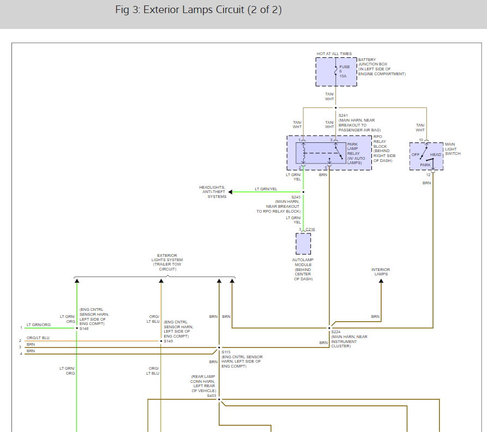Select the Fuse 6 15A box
click(336, 71)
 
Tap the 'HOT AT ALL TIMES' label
click(334, 54)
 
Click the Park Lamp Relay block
click(329, 153)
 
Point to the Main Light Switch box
click(426, 157)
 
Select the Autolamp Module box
click(303, 244)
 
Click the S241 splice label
click(343, 116)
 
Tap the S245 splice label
click(296, 197)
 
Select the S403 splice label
click(212, 395)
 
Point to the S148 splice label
click(84, 329)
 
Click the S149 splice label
click(169, 341)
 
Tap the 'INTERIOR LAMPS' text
click(381, 272)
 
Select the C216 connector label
click(310, 230)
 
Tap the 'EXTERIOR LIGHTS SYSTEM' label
click(167, 260)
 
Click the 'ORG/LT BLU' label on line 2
click(38, 338)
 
